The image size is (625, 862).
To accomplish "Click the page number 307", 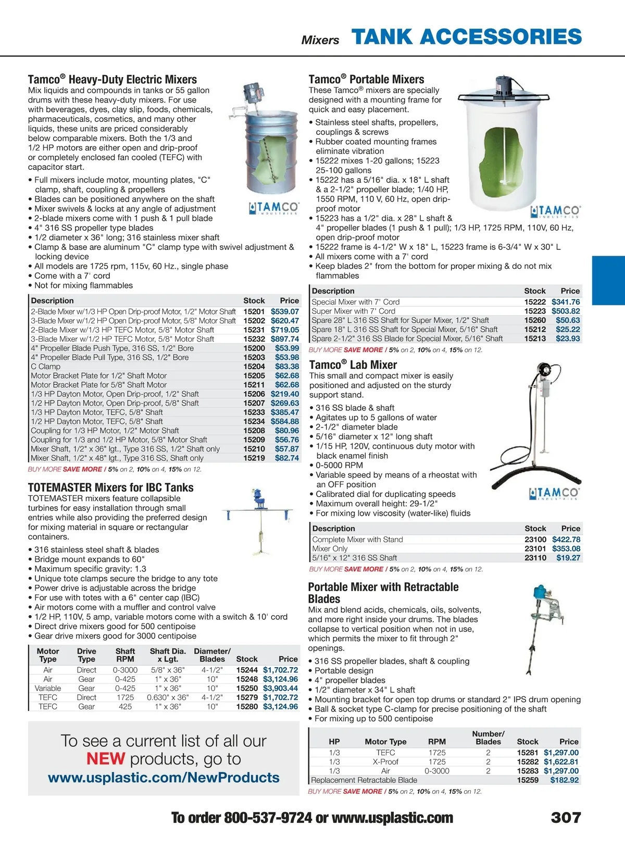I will point(566,817).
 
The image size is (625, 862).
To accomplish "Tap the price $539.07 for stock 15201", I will point(285,311).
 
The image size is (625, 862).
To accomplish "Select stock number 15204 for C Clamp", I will point(254,366).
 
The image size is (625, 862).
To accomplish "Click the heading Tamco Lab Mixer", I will point(353,365).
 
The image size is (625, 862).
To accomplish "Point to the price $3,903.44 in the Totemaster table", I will point(280,688).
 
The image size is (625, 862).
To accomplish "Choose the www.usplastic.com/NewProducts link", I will point(164,778).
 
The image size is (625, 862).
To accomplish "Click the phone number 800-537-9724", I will point(268,818).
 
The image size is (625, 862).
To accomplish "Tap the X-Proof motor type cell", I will point(385,761).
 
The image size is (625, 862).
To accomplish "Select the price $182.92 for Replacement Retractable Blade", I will point(565,780).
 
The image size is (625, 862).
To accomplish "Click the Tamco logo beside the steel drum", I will point(274,208).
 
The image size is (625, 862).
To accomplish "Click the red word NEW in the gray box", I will point(106,759).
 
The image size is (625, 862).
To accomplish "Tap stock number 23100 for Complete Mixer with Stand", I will point(535,540).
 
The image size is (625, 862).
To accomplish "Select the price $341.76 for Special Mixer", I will point(566,302).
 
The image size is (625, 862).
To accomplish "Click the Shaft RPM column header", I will point(125,655).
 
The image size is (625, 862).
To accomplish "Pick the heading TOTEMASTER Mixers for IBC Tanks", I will point(110,488).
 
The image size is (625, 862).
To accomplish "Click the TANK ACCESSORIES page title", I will point(467,37).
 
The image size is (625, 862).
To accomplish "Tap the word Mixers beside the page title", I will point(320,40).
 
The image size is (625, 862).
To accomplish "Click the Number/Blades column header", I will point(488,738).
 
